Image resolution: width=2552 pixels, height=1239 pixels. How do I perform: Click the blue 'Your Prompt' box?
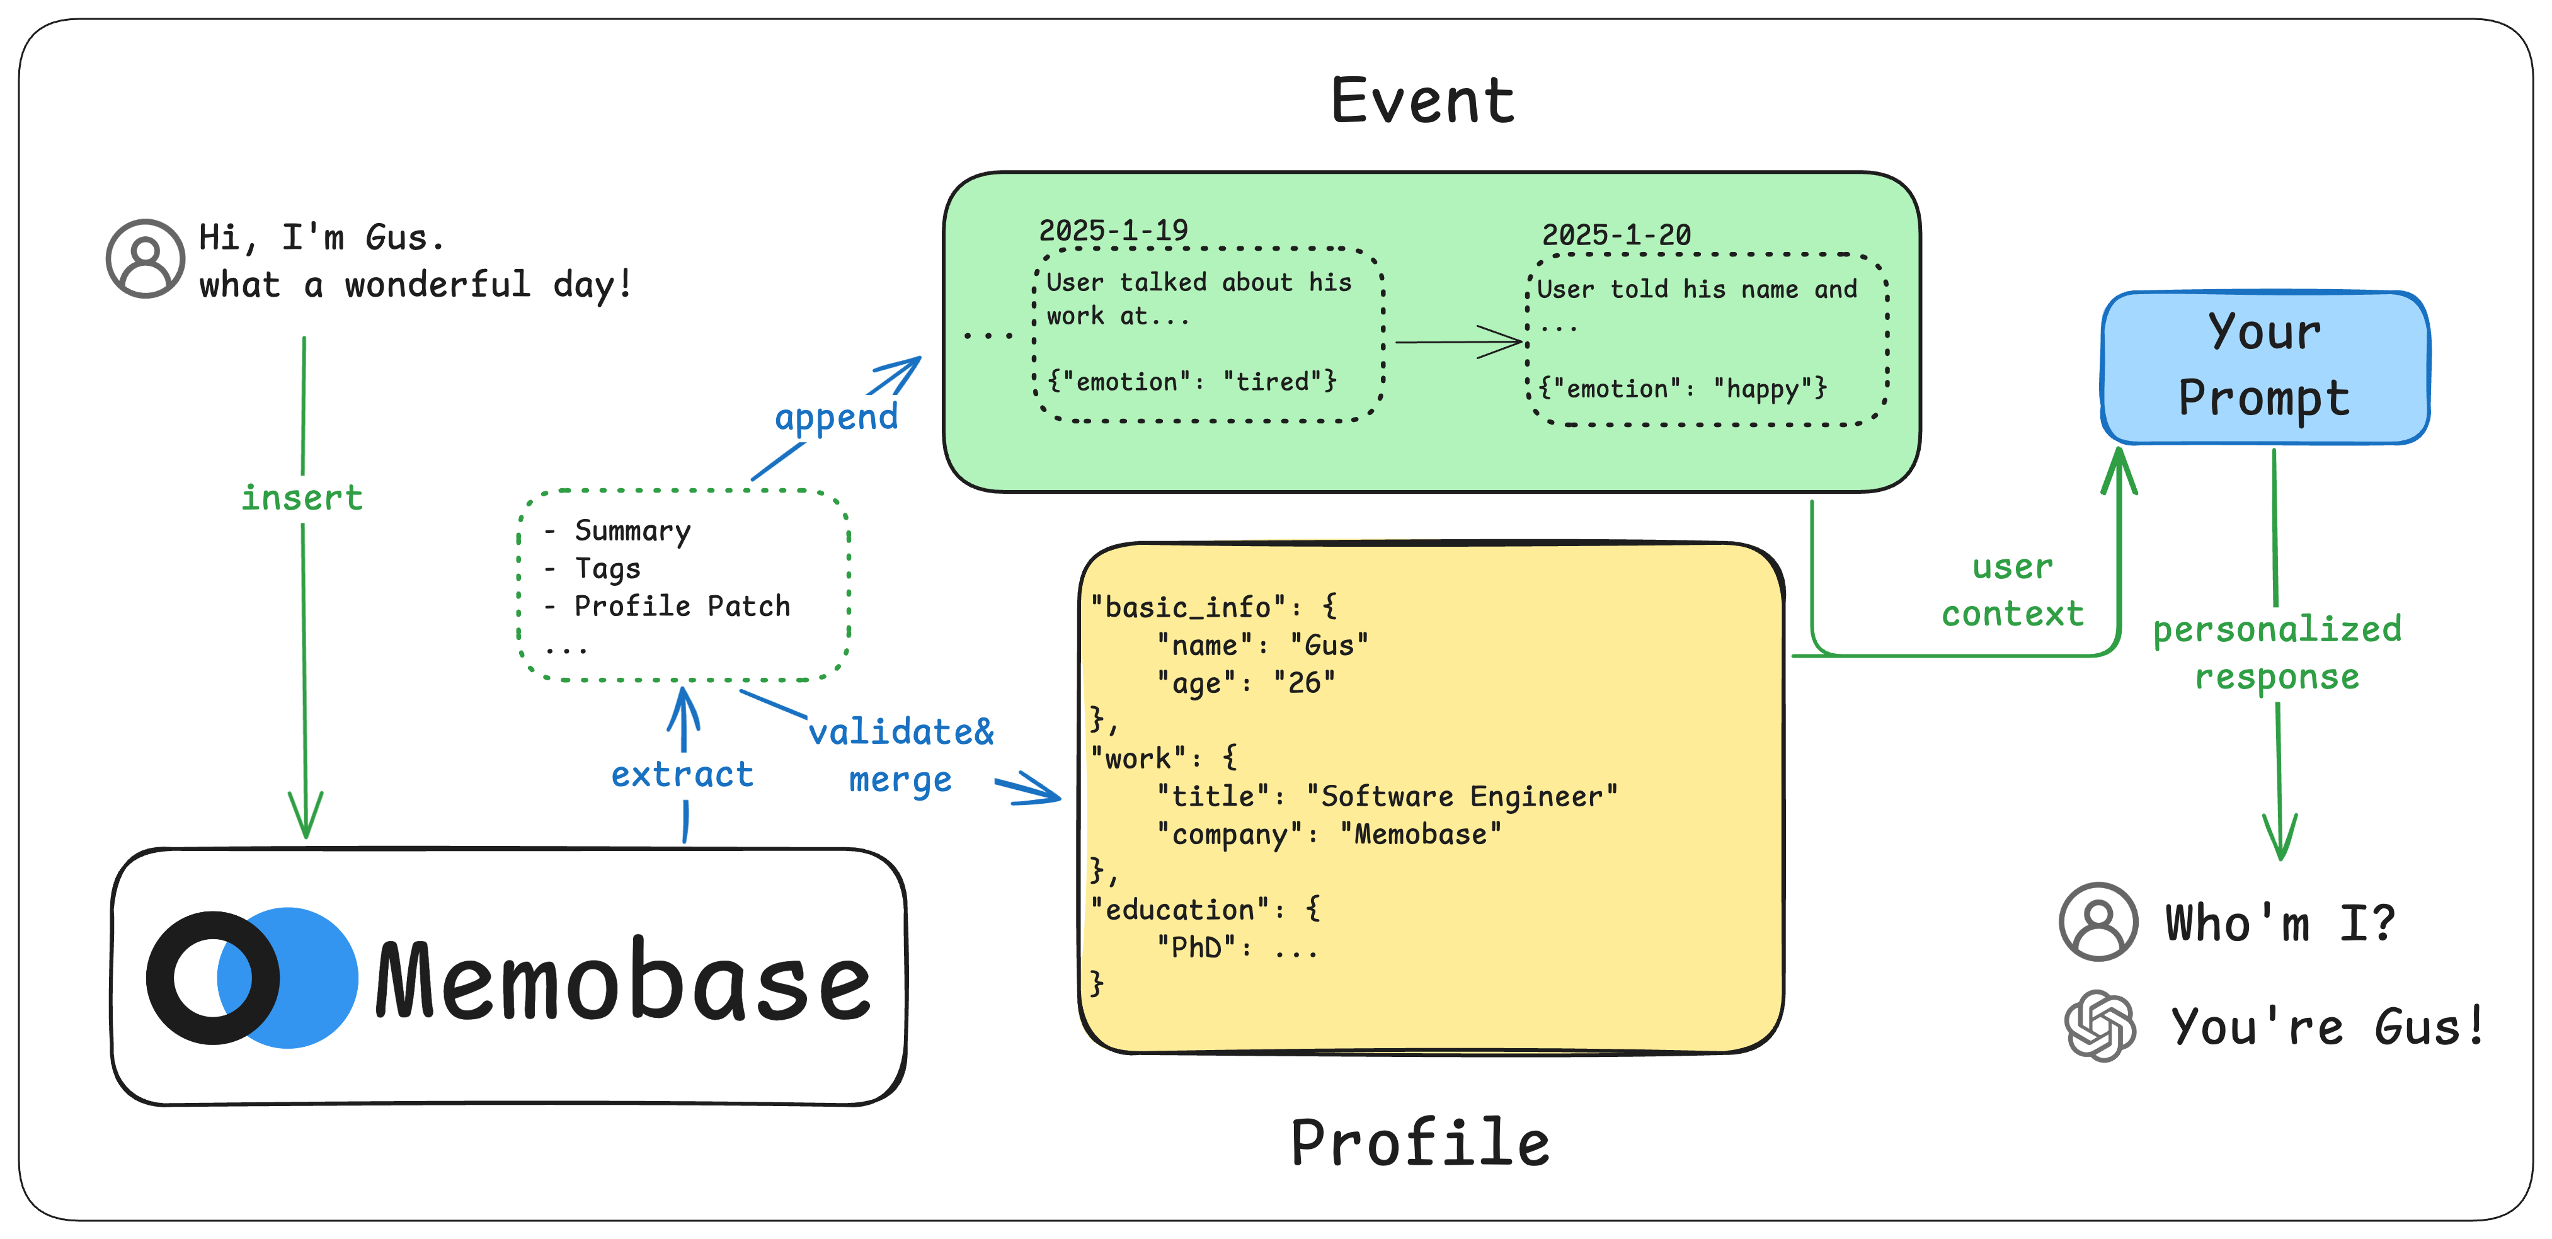(x=2265, y=367)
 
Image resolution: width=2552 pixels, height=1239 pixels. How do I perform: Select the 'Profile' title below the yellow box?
(x=1420, y=1142)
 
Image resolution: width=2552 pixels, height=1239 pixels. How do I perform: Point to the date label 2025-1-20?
(x=1616, y=236)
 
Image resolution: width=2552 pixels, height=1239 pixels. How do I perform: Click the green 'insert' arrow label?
(x=302, y=497)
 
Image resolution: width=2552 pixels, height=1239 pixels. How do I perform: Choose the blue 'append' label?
(x=836, y=417)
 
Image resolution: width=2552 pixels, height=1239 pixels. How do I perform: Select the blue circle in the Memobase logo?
(x=307, y=978)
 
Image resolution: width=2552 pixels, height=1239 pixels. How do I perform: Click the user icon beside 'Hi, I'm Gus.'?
(x=146, y=258)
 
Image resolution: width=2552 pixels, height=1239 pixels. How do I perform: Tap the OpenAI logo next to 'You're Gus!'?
(x=2099, y=1026)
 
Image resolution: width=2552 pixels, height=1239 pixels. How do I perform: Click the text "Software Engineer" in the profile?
(x=1462, y=796)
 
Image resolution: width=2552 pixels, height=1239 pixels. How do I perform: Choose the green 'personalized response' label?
(x=2277, y=653)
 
